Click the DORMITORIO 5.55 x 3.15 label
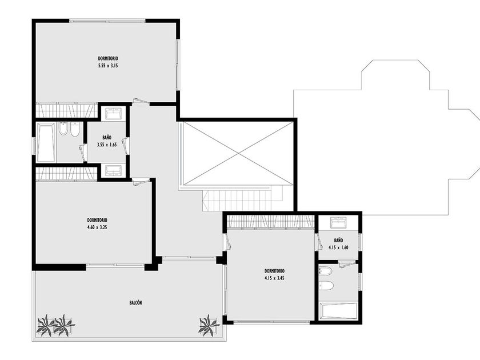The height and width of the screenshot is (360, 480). (108, 62)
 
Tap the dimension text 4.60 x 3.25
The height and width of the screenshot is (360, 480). (97, 227)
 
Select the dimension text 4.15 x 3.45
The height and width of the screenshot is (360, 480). (275, 278)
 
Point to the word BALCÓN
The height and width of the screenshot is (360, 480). (135, 302)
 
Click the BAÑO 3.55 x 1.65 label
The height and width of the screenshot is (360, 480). (107, 141)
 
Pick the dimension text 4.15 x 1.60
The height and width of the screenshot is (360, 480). (338, 247)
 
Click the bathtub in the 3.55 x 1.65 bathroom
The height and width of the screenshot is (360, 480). (46, 142)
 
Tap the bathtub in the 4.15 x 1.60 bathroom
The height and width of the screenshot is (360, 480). (338, 311)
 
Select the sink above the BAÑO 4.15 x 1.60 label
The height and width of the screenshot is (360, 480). (338, 222)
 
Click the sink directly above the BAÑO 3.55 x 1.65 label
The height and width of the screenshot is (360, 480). (114, 113)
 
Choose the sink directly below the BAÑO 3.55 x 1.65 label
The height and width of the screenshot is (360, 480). (114, 170)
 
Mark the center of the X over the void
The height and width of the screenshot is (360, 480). (238, 153)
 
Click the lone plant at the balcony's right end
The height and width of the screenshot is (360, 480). (209, 325)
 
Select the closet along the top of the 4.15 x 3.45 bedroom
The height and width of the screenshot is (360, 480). (271, 222)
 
